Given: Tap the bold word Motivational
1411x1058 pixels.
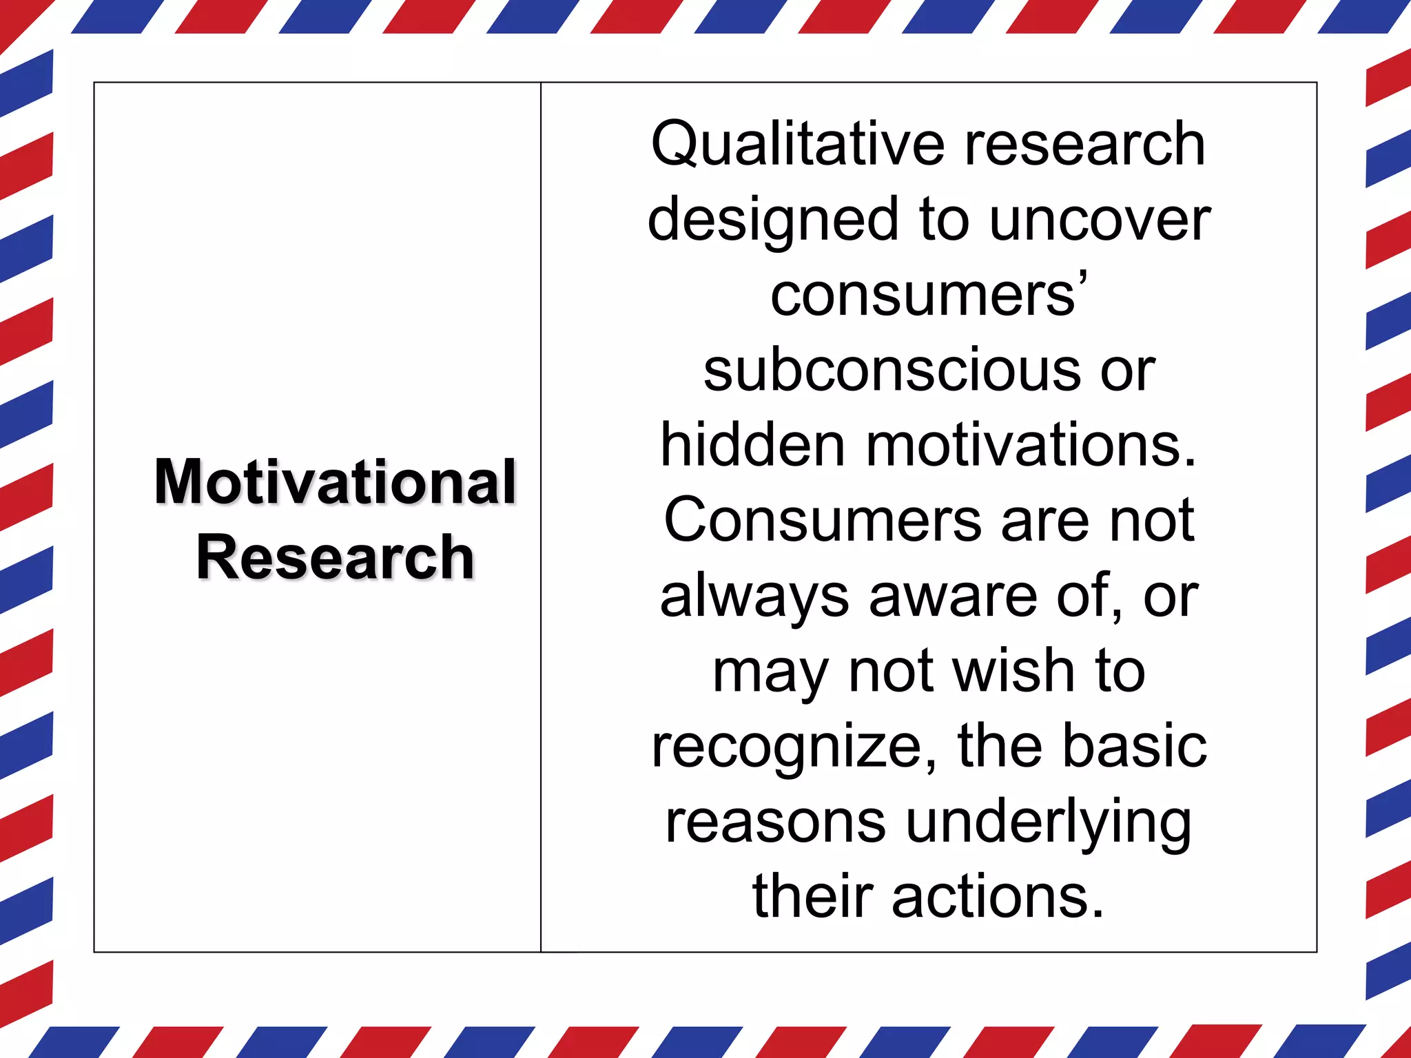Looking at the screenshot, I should pyautogui.click(x=336, y=481).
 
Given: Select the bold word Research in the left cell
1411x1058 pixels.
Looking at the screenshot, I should pyautogui.click(x=336, y=557).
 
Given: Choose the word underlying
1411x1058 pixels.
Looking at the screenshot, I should pyautogui.click(x=1049, y=823).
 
